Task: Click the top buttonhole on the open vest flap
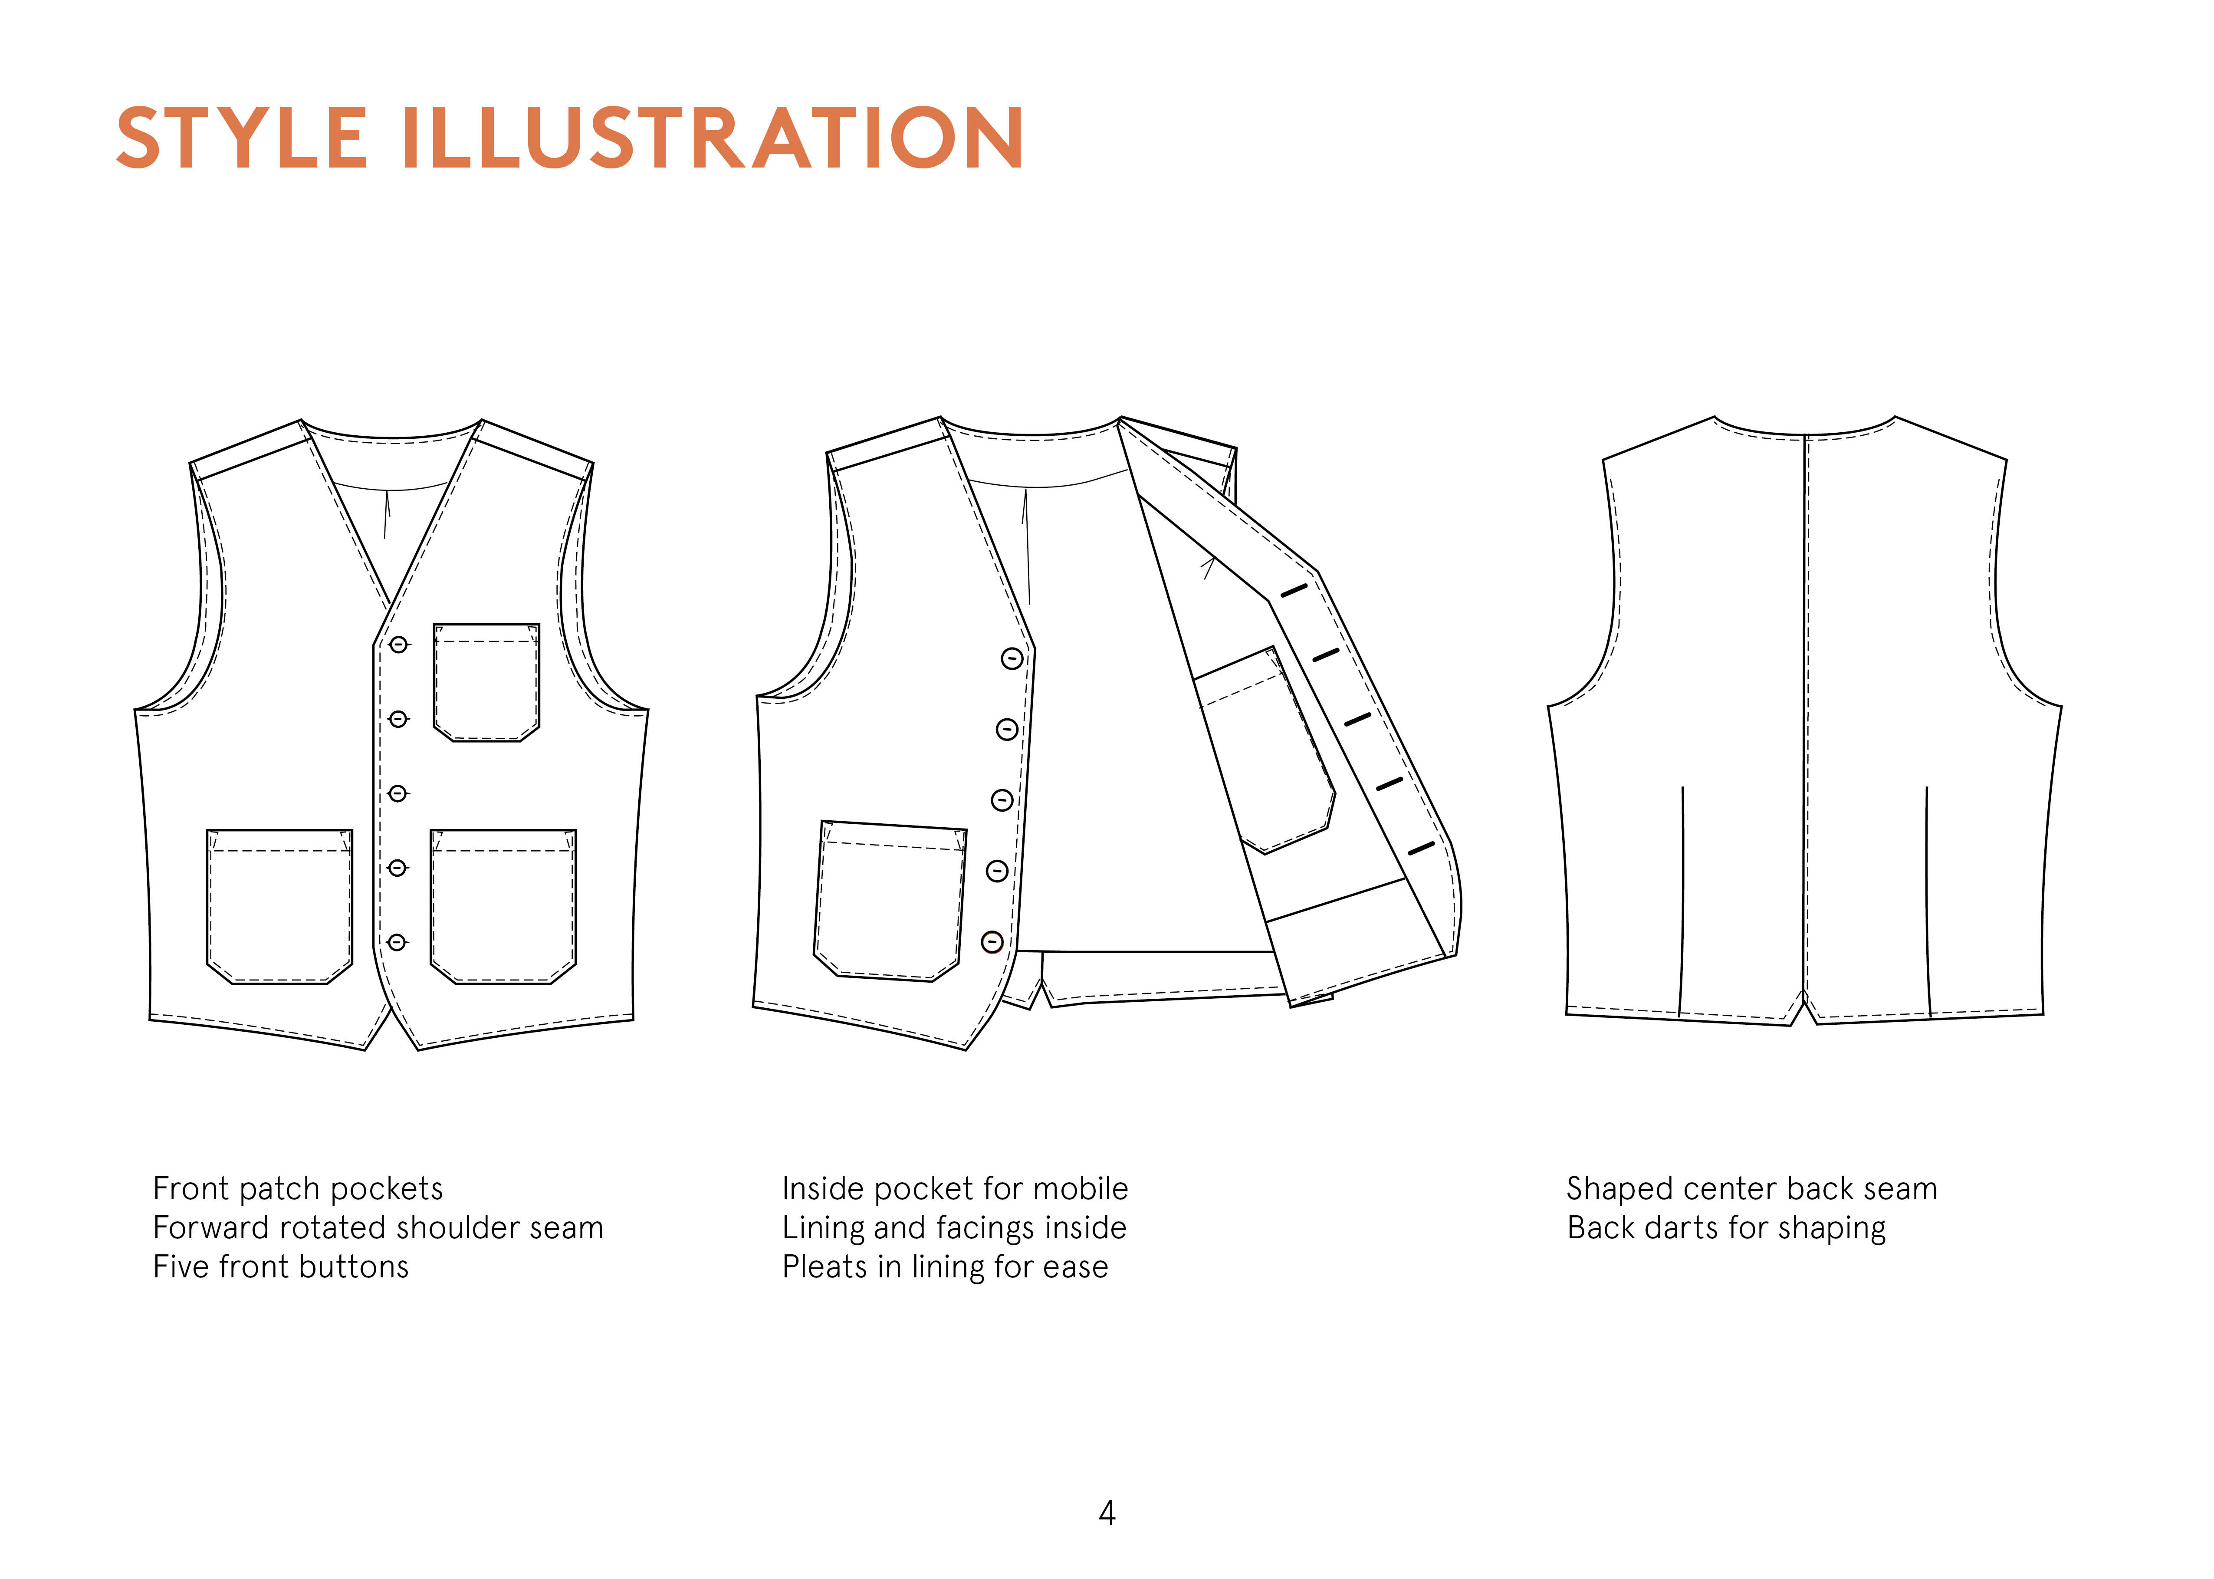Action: (x=1294, y=590)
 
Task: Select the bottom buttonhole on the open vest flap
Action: (x=1421, y=849)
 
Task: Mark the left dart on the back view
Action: (x=1682, y=899)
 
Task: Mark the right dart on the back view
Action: (x=1927, y=899)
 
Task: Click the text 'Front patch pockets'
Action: (x=297, y=1188)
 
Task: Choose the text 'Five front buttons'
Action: (x=281, y=1267)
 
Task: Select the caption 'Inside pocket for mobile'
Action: (x=954, y=1188)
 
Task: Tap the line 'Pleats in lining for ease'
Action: (x=945, y=1267)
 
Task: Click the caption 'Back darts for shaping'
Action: (x=1726, y=1228)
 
